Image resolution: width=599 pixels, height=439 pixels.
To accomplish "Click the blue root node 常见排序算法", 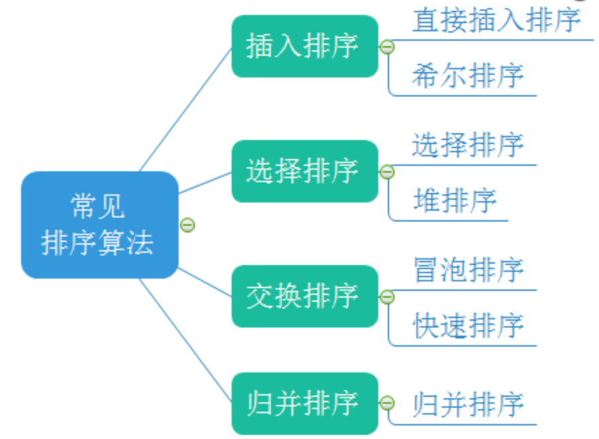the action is (99, 224).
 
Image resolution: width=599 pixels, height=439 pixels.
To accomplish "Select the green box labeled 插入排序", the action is (304, 46).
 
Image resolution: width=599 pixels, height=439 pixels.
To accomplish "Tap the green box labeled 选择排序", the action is (304, 171).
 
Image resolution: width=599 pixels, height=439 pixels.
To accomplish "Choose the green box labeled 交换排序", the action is (304, 296).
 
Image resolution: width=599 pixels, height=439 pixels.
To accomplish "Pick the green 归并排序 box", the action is (304, 403).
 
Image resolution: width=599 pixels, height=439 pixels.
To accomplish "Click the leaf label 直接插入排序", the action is (496, 20).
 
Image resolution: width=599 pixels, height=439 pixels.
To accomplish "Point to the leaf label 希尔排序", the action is (468, 75).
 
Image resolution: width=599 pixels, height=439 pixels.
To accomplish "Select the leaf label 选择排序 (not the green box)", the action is (468, 145).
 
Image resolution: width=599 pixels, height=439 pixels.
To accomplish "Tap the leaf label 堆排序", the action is (454, 200).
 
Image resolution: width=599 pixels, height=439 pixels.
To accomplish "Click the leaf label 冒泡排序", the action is (468, 270).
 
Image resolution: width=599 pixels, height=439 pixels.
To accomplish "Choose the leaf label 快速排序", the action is (468, 326).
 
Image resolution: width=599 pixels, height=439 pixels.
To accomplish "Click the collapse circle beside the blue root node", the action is (187, 225).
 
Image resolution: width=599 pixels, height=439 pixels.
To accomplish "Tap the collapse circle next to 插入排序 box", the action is (387, 47).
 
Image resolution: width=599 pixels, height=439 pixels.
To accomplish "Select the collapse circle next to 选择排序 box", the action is (387, 172).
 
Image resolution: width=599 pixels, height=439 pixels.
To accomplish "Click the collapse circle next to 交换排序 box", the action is (387, 297).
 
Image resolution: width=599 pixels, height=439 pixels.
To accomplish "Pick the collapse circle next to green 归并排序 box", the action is (387, 403).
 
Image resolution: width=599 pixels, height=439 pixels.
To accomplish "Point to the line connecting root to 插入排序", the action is (185, 109).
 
